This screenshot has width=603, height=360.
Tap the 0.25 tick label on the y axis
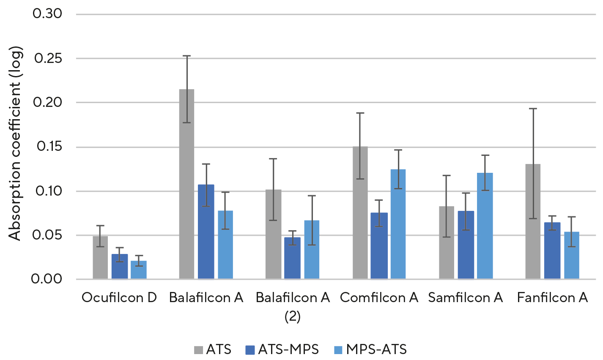tap(48, 58)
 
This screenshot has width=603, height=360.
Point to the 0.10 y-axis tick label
tap(48, 191)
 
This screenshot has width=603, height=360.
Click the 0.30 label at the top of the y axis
tap(48, 14)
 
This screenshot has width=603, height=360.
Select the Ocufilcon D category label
tap(119, 298)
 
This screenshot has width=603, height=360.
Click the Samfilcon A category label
tap(466, 298)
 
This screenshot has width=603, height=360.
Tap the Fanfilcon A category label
tap(552, 298)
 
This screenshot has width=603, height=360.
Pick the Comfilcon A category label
tap(379, 298)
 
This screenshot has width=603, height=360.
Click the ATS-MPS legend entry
tap(282, 349)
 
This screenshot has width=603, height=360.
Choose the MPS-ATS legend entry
tap(370, 349)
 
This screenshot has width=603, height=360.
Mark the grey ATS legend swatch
tap(199, 350)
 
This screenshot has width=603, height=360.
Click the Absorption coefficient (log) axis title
tap(15, 144)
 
